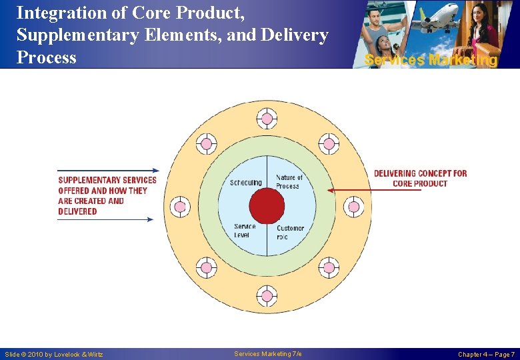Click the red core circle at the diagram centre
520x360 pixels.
tap(267, 206)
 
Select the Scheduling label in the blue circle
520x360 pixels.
tap(245, 183)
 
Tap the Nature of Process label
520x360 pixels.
tap(289, 181)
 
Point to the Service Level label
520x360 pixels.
tap(245, 231)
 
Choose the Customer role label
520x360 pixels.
tap(290, 232)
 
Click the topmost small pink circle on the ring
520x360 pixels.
tap(267, 119)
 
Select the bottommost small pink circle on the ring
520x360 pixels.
tap(267, 295)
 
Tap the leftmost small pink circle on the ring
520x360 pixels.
tap(180, 207)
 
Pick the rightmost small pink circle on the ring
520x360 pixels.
tap(353, 207)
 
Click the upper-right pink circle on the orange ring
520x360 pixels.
tap(328, 144)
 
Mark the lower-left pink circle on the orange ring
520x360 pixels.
tap(206, 268)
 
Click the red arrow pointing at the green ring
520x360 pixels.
tap(373, 190)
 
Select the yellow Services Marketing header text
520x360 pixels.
tap(431, 60)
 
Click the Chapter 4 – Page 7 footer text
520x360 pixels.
tap(485, 355)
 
